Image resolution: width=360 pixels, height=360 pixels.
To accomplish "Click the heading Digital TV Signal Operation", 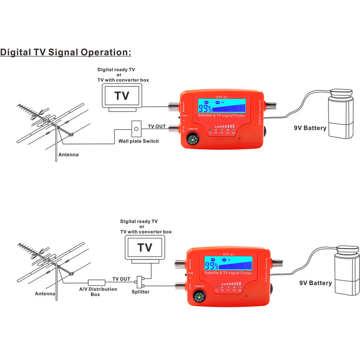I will [x=66, y=52].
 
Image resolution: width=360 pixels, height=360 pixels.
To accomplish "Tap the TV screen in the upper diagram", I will [x=121, y=96].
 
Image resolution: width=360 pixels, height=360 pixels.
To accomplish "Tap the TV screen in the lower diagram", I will [x=144, y=248].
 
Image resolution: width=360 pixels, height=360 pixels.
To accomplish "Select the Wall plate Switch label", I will [x=139, y=141].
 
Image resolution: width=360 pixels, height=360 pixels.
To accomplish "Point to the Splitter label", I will [x=141, y=292].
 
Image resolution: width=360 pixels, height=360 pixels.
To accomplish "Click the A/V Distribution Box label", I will [x=95, y=292].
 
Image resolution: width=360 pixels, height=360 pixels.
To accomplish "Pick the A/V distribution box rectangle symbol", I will [x=96, y=282].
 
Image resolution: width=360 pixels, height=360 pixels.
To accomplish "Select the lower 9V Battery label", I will [x=315, y=283].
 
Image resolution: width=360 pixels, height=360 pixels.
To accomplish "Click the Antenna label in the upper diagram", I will [x=67, y=154].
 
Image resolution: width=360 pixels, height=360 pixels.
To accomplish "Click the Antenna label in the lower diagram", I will [x=45, y=294].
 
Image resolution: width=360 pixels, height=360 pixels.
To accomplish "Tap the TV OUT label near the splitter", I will [x=122, y=279].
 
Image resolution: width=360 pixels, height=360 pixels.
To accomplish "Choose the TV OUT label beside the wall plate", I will [x=157, y=126].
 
